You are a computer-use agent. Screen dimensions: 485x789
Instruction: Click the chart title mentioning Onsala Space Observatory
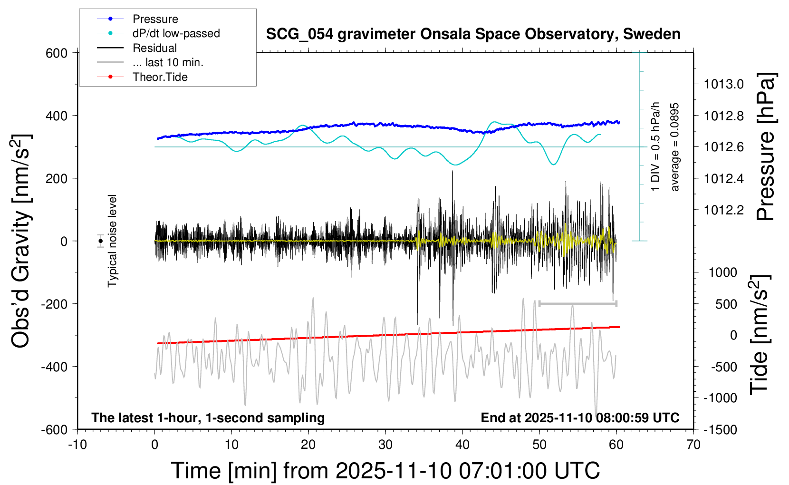(x=473, y=34)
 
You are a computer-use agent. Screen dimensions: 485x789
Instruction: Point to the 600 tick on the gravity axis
(x=57, y=53)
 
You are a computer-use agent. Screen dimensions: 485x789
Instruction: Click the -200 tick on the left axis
(x=54, y=304)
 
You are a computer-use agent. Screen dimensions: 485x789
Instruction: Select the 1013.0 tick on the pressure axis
(x=724, y=84)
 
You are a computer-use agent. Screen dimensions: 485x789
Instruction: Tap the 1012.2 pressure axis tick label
(x=724, y=210)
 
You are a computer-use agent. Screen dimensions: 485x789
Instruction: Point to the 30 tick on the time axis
(x=385, y=445)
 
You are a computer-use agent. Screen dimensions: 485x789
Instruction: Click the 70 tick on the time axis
(x=693, y=445)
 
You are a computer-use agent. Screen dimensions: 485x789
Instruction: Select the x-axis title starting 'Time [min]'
(x=385, y=471)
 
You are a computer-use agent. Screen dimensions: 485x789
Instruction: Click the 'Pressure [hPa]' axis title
(x=766, y=146)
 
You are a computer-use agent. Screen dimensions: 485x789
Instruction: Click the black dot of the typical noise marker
(x=101, y=241)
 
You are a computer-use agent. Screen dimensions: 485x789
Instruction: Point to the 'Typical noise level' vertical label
(x=112, y=241)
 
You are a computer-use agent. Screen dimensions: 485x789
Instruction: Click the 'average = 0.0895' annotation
(x=675, y=147)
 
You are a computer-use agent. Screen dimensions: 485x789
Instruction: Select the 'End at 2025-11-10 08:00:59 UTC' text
(x=580, y=417)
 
